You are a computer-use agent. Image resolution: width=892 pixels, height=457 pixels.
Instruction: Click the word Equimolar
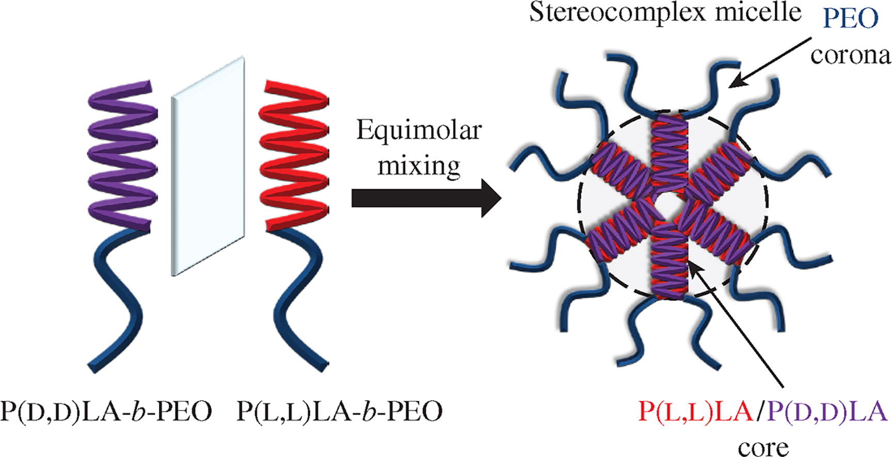[x=418, y=130]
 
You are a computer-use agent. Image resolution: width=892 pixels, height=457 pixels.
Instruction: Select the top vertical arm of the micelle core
[x=670, y=150]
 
